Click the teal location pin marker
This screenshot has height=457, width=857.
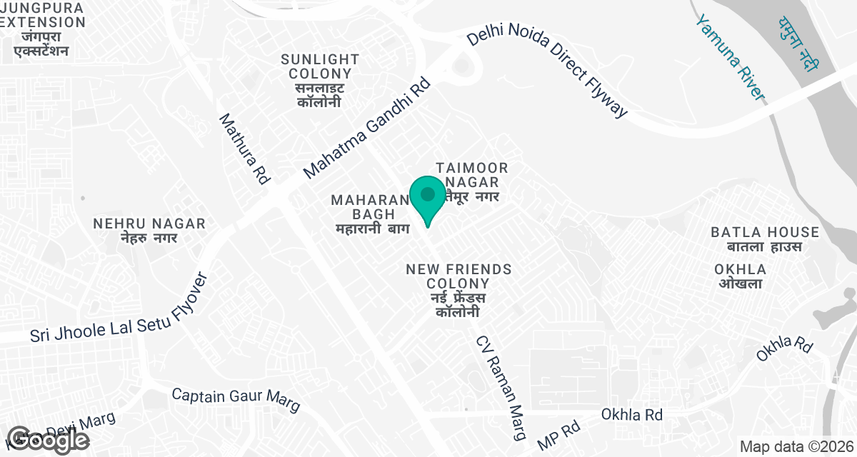[428, 198]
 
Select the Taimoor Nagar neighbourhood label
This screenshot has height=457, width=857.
[472, 181]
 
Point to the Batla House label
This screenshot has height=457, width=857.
[765, 239]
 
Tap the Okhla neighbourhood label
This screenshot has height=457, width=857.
[740, 276]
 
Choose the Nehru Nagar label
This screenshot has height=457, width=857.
[149, 231]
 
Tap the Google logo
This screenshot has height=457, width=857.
[49, 440]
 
